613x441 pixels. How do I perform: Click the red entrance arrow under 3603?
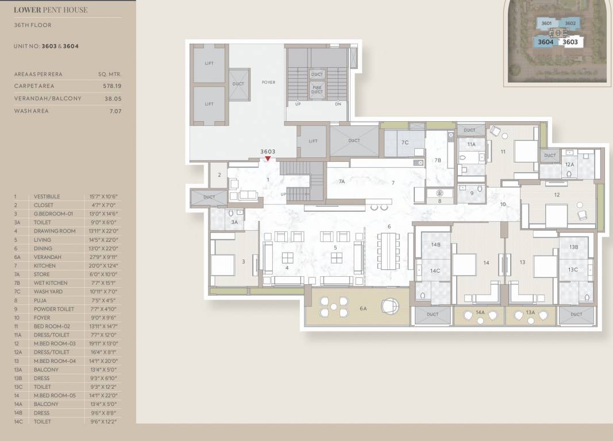(268, 158)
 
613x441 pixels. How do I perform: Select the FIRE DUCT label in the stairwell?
(317, 89)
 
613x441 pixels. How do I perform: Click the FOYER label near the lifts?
(268, 82)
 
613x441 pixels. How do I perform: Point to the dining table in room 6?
(389, 252)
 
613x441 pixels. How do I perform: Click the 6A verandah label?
(363, 309)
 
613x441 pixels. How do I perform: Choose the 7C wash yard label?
(404, 142)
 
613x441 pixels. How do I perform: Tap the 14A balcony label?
(480, 312)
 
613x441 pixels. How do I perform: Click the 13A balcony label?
(530, 312)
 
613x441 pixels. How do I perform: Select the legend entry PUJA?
(40, 300)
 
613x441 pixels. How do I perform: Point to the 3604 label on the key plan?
(545, 42)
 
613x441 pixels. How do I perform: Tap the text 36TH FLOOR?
(33, 25)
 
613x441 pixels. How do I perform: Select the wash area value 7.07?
(115, 111)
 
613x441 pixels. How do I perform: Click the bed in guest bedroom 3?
(222, 265)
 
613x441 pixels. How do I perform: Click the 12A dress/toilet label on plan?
(569, 164)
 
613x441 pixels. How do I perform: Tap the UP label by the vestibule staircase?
(283, 194)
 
